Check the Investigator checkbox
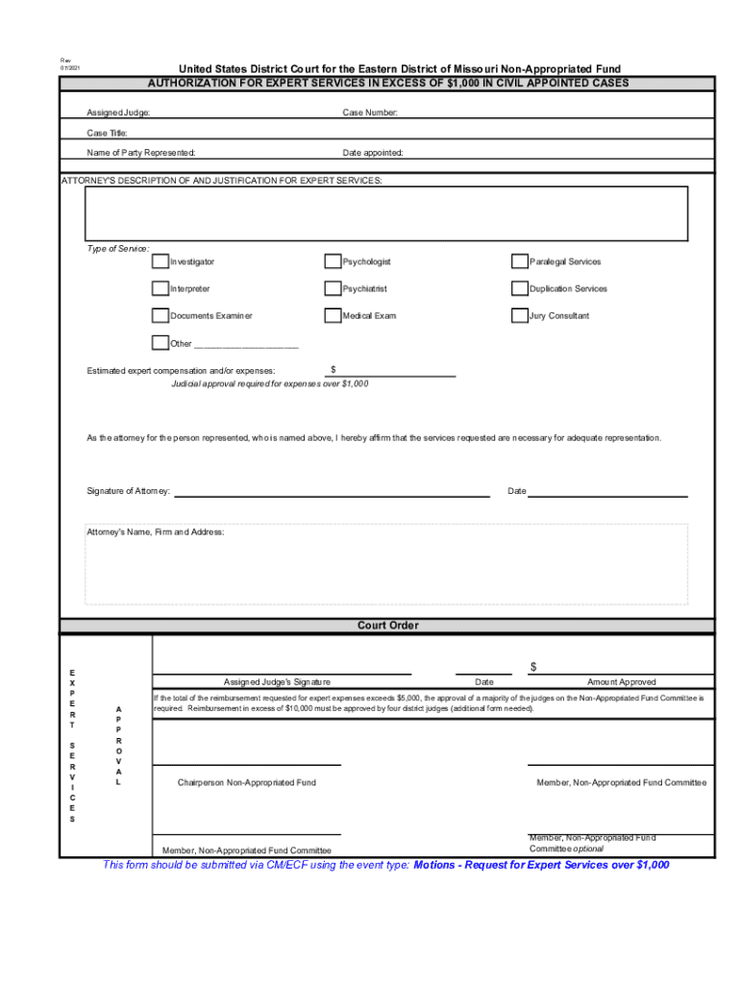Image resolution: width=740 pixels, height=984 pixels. [x=160, y=261]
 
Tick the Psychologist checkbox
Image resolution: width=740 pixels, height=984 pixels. [x=333, y=261]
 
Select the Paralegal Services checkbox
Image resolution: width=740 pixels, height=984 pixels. [x=519, y=261]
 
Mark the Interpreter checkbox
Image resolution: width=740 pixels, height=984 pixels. [x=160, y=288]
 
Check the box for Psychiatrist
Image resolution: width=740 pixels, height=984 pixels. [x=333, y=288]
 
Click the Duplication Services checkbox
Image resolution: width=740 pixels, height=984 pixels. [x=519, y=288]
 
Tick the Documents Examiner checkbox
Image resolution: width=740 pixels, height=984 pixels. [x=160, y=315]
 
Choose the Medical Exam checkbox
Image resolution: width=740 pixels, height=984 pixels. [x=333, y=315]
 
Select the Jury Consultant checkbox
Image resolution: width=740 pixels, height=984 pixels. [x=519, y=315]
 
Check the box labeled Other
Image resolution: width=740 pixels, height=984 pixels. [x=160, y=343]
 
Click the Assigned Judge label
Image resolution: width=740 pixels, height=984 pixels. [x=118, y=113]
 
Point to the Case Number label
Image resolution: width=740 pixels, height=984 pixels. [x=370, y=113]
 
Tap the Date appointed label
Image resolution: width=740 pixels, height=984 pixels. [x=373, y=153]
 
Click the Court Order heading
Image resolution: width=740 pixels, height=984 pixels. [x=388, y=626]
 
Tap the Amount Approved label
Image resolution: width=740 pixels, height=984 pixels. [x=622, y=682]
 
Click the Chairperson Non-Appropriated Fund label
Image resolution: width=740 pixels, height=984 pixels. [x=247, y=783]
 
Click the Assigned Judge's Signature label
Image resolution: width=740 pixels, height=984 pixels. [x=278, y=682]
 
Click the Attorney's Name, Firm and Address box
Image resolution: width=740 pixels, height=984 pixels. [x=386, y=567]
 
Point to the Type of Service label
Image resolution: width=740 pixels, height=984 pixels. [x=118, y=249]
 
